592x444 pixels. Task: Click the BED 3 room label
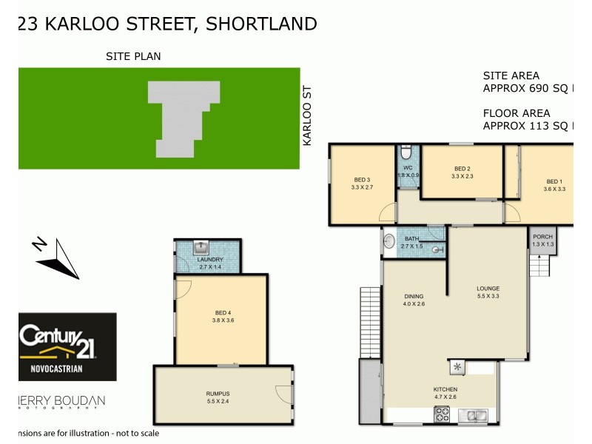pos(362,180)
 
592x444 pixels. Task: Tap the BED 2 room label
pos(462,169)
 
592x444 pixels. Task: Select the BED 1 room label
pos(554,181)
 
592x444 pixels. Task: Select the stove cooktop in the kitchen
pos(442,415)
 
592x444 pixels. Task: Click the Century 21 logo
pos(67,346)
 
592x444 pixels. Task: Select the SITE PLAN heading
pos(133,56)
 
